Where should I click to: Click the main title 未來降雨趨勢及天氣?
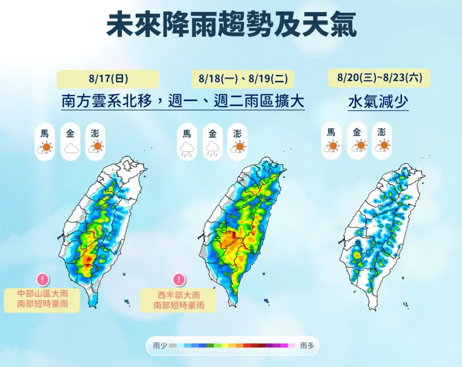231,25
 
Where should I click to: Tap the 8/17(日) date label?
108,78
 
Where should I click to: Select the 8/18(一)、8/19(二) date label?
242,78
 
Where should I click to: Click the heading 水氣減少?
378,102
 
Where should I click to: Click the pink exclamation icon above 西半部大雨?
179,279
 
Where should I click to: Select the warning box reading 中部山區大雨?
42,299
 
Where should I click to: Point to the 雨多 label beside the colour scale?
307,345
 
